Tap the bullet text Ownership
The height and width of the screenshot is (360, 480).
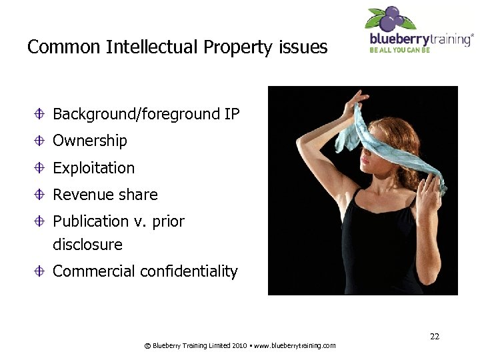pyautogui.click(x=89, y=141)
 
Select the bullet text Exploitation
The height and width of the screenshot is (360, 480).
pyautogui.click(x=93, y=168)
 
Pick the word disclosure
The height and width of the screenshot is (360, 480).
pyautogui.click(x=87, y=245)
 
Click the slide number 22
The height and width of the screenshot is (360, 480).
pyautogui.click(x=435, y=336)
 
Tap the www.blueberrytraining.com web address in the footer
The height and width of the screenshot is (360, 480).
pyautogui.click(x=295, y=345)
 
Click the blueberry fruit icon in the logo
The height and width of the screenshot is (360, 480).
pyautogui.click(x=393, y=17)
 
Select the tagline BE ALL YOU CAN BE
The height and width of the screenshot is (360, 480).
pyautogui.click(x=399, y=49)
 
